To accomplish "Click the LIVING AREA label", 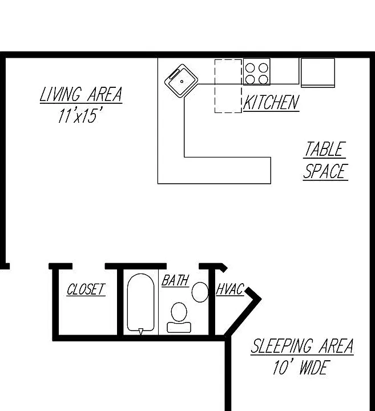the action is click(81, 94).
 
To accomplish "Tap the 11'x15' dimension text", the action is click(79, 115).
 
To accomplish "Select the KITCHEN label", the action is click(271, 102).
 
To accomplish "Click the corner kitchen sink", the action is click(182, 81).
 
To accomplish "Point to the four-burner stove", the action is click(256, 71).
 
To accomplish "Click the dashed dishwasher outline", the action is click(228, 86).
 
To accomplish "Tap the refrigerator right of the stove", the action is click(318, 72).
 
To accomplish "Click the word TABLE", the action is click(325, 149).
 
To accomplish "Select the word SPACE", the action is click(325, 171).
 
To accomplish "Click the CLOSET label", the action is click(86, 289).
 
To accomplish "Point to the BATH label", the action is click(175, 280).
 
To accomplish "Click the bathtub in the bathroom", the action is click(141, 303).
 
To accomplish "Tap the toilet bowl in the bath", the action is click(179, 312).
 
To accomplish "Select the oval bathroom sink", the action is click(200, 292).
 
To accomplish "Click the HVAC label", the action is click(230, 289).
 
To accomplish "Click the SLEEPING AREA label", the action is click(302, 346).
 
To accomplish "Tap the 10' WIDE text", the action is click(300, 368).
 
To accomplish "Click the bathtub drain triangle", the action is click(141, 332).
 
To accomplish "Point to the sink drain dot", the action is click(182, 82).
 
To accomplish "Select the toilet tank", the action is click(179, 327).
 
